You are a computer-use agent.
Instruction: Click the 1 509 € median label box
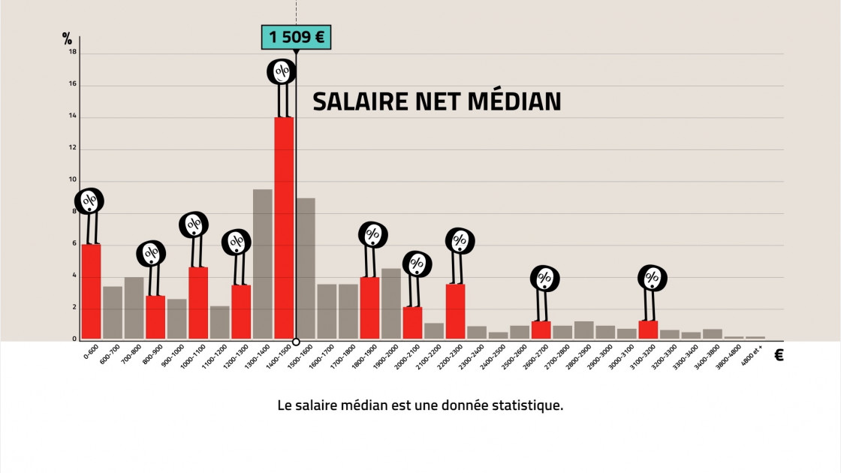click(296, 37)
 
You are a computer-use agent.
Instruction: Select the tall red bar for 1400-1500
click(284, 225)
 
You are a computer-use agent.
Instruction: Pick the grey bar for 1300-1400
click(263, 263)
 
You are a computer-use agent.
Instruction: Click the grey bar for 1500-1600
click(306, 267)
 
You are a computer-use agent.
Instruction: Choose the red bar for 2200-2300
click(455, 311)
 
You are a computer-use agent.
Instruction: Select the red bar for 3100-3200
click(648, 330)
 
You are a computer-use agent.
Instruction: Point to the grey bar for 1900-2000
click(391, 303)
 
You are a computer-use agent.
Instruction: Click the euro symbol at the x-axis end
click(779, 356)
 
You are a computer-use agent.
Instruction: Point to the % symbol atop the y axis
click(68, 39)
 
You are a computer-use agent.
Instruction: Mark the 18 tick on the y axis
click(72, 52)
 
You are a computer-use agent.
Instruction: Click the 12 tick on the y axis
click(72, 148)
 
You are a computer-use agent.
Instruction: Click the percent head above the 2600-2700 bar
click(545, 279)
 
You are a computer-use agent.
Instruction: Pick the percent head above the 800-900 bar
click(151, 254)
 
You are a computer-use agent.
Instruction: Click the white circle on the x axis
click(296, 342)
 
